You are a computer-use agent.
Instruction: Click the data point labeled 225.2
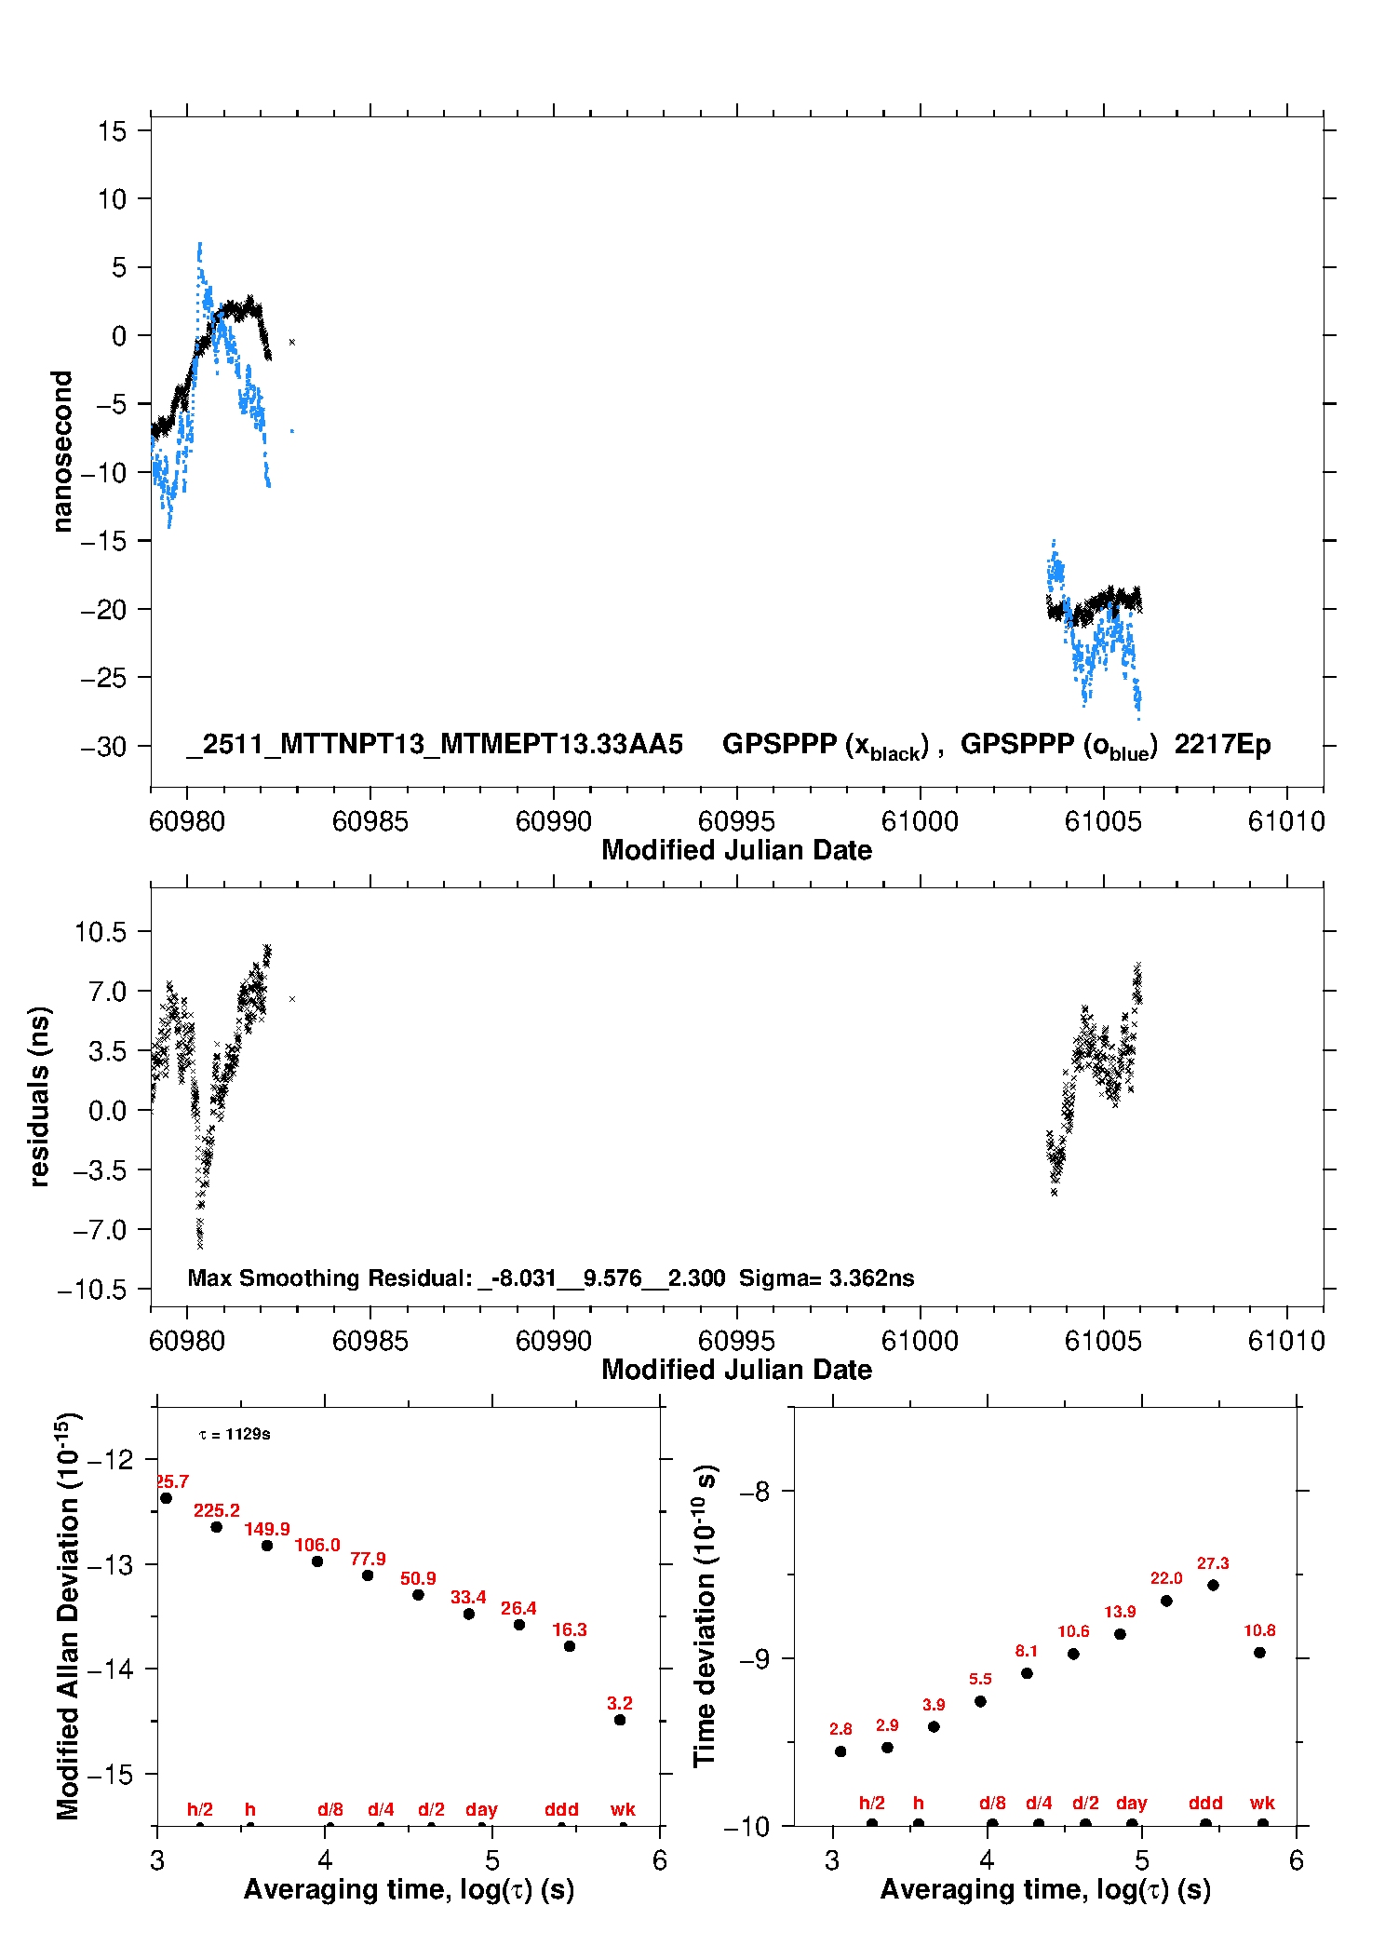(x=217, y=1527)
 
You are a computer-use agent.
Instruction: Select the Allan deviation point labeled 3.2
(x=620, y=1720)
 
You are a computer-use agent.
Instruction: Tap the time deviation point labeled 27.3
(x=1213, y=1585)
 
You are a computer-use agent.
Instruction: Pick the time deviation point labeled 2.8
(x=840, y=1751)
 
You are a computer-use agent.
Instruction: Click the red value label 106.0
(x=317, y=1545)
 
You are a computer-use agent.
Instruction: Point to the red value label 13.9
(x=1120, y=1612)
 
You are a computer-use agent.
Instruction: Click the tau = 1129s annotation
(x=235, y=1434)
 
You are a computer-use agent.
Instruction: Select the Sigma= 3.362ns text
(x=827, y=1277)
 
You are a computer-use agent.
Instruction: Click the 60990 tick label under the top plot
(x=553, y=821)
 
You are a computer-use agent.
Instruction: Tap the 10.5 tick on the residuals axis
(x=100, y=931)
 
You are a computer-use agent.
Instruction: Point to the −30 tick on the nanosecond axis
(x=102, y=746)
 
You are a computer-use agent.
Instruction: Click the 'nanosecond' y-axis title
(x=62, y=451)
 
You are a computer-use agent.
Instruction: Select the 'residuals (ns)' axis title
(x=39, y=1096)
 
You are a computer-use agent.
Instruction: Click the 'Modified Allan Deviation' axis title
(x=68, y=1615)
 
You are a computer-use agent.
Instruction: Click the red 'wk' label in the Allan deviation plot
(x=623, y=1809)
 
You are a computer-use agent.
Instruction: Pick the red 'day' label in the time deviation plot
(x=1132, y=1803)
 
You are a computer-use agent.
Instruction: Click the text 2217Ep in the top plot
(x=1222, y=744)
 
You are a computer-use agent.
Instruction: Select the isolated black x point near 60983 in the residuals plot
(x=292, y=999)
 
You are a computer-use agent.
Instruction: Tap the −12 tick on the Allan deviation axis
(x=109, y=1459)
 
